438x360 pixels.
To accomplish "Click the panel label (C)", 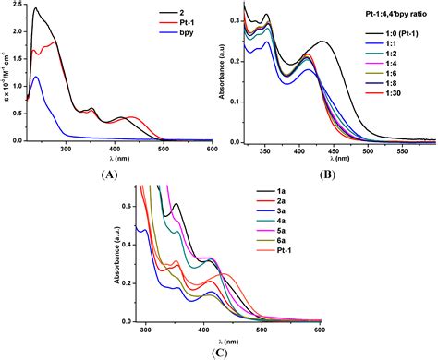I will (220, 351).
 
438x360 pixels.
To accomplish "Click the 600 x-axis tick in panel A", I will (212, 149).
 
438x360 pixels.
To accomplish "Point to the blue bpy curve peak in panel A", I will (36, 78).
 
